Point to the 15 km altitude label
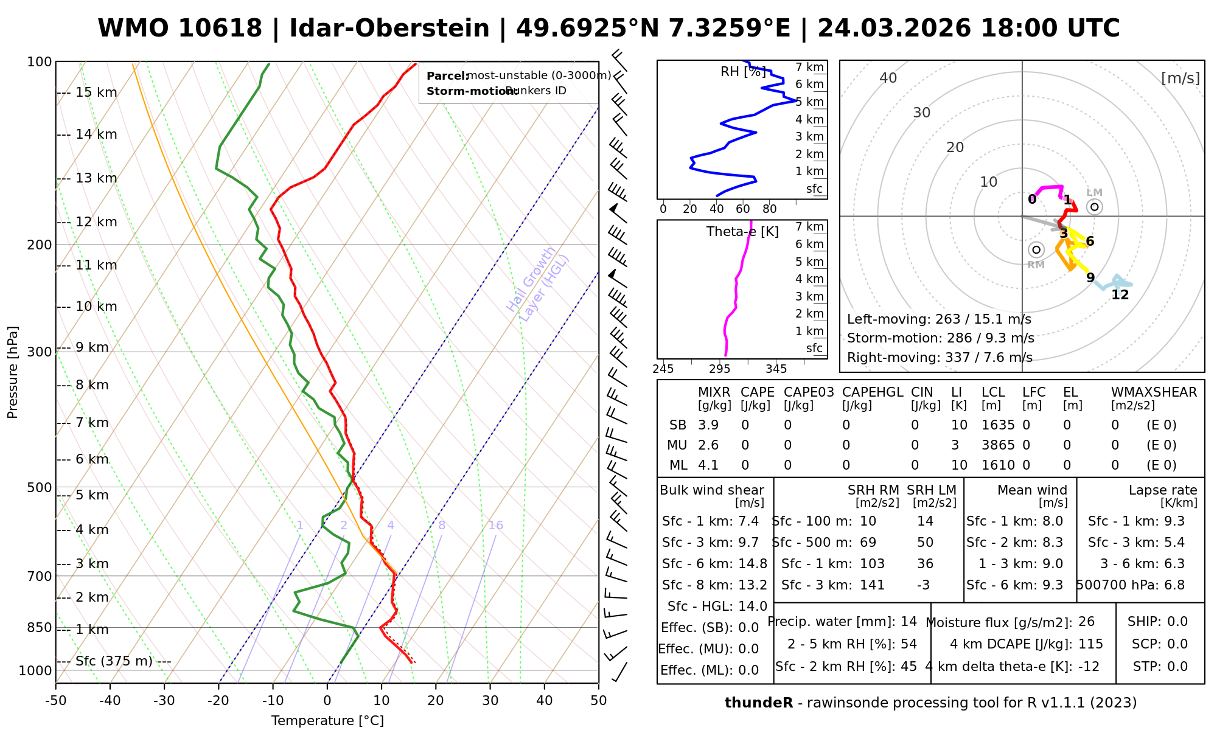tap(96, 92)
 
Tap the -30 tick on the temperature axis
tap(164, 701)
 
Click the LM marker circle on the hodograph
tap(1095, 207)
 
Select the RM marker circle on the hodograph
tap(1036, 249)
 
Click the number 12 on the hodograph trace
tap(1120, 295)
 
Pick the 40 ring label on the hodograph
tap(888, 78)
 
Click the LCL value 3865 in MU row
tap(998, 445)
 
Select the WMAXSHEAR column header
tap(1154, 392)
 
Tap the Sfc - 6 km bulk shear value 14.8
tap(753, 564)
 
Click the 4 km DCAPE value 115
tap(1090, 644)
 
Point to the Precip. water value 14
tap(908, 622)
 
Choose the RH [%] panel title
tap(742, 72)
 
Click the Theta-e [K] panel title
tap(742, 232)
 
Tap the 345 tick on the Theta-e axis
tap(776, 369)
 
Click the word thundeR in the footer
tap(759, 703)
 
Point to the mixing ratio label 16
tap(495, 526)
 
